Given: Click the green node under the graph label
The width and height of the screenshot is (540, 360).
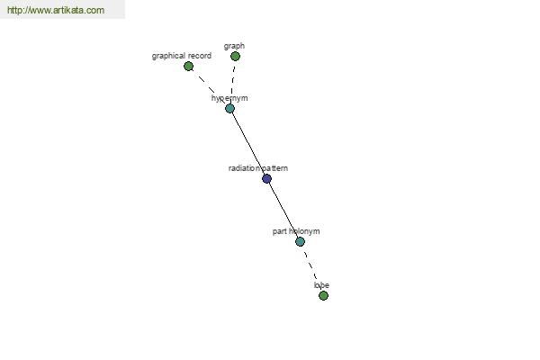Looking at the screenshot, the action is point(235,56).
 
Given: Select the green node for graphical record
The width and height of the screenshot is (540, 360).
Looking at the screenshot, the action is point(188,66).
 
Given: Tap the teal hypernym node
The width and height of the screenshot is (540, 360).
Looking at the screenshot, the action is point(229,109).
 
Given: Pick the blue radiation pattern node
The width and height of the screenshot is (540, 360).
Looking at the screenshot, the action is point(267,178).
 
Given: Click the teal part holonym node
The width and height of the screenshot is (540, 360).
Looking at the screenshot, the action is point(300,241).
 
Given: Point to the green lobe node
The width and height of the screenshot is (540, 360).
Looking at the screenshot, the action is point(323,295).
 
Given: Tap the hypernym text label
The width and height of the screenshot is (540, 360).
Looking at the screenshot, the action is point(229,98).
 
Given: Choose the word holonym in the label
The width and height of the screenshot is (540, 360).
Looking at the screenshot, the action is point(304,231).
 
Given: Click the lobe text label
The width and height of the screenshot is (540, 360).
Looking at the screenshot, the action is point(321,285).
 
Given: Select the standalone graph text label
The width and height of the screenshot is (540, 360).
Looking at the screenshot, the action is point(234,46).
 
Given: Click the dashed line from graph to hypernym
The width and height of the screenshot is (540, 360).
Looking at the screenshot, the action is point(233,82).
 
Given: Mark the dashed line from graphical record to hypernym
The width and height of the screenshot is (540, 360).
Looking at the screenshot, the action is point(209,87).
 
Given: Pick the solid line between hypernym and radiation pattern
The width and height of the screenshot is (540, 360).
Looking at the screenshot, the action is point(248,143).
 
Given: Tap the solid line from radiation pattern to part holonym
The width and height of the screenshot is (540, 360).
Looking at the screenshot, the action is point(283,210).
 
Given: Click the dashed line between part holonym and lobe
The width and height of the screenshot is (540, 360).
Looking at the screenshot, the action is point(311,269).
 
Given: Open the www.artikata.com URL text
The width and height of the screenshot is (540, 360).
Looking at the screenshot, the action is point(56,10).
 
